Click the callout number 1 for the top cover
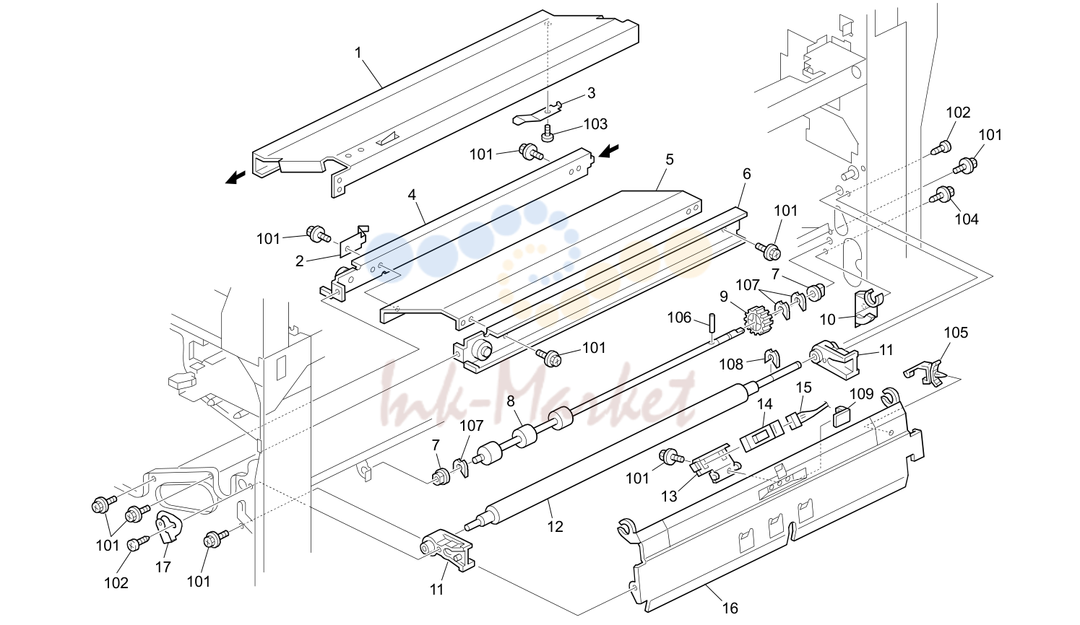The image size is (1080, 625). (x=358, y=53)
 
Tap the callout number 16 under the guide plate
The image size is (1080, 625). (x=730, y=608)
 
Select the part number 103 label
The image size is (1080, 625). (x=595, y=124)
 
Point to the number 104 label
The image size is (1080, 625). (x=967, y=219)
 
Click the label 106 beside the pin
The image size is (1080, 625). (x=679, y=318)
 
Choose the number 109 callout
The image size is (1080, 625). (x=861, y=394)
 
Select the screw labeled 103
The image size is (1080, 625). (x=548, y=133)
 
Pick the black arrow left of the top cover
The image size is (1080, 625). (x=236, y=178)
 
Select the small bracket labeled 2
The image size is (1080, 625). (x=353, y=242)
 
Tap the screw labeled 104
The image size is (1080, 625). (x=941, y=195)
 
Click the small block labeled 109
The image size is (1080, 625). (x=842, y=416)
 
